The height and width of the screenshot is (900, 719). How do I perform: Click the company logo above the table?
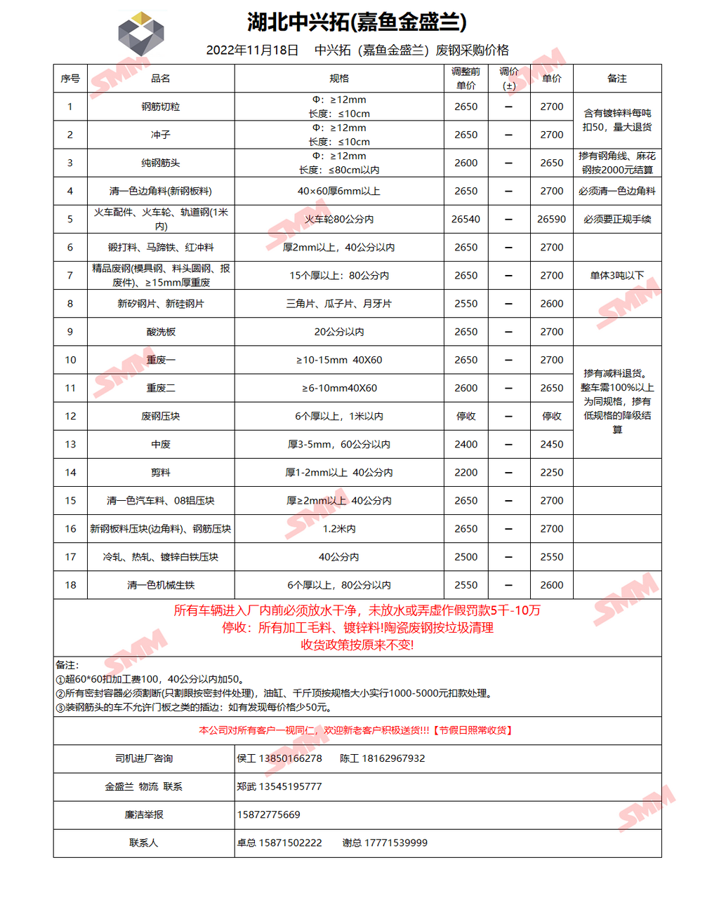pyautogui.click(x=141, y=34)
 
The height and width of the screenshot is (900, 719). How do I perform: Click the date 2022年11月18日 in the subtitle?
pyautogui.click(x=252, y=51)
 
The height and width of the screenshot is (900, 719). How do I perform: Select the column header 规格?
pyautogui.click(x=339, y=79)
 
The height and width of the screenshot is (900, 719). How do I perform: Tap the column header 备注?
pyautogui.click(x=617, y=79)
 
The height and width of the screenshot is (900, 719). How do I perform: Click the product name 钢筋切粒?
pyautogui.click(x=161, y=107)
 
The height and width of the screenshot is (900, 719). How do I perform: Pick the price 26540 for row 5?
pyautogui.click(x=466, y=220)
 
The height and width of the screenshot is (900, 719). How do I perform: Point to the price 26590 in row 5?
pyautogui.click(x=551, y=220)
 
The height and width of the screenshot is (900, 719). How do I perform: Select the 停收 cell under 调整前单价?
pyautogui.click(x=466, y=416)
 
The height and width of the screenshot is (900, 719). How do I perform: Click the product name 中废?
pyautogui.click(x=161, y=444)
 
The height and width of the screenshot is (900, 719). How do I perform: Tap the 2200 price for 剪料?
pyautogui.click(x=466, y=472)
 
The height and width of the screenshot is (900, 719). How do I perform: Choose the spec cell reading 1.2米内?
pyautogui.click(x=339, y=529)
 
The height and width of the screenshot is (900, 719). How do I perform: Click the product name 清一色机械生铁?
pyautogui.click(x=161, y=585)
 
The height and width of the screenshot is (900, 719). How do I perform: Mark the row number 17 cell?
pyautogui.click(x=70, y=557)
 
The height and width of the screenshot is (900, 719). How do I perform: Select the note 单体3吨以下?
pyautogui.click(x=617, y=276)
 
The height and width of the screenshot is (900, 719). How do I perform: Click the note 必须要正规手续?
pyautogui.click(x=617, y=220)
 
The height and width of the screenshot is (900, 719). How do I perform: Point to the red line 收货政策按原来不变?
pyautogui.click(x=357, y=645)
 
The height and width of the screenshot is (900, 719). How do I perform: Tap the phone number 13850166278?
pyautogui.click(x=291, y=758)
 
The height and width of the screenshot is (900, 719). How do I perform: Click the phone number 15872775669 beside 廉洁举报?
pyautogui.click(x=269, y=814)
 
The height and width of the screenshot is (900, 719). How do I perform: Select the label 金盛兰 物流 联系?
pyautogui.click(x=144, y=786)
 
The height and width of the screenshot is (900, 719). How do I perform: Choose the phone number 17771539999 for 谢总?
pyautogui.click(x=395, y=842)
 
